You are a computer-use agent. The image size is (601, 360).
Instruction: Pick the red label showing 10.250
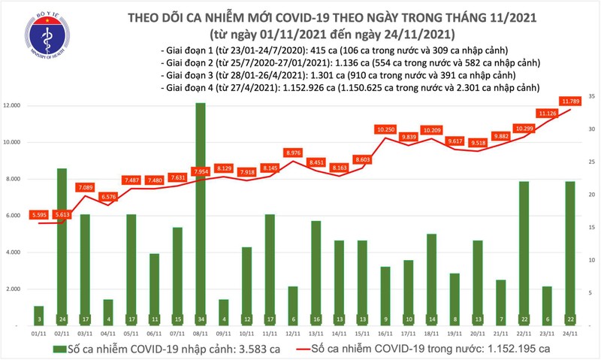click(x=385, y=129)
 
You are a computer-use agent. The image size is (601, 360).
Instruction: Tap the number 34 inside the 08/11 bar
click(x=201, y=319)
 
